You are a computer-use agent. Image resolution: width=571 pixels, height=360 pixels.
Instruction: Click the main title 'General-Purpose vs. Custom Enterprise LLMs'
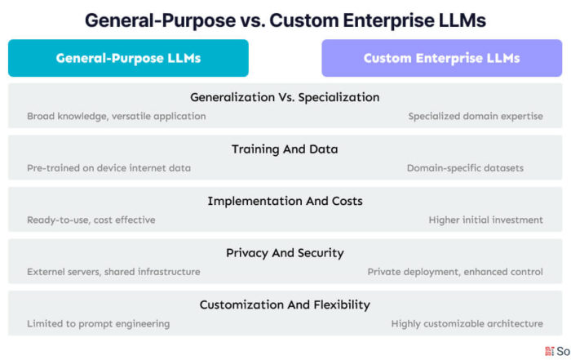click(x=285, y=20)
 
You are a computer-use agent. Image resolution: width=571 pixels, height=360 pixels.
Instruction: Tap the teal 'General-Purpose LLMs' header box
click(x=128, y=58)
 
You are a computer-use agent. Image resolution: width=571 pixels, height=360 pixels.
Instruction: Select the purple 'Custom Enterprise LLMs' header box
click(x=442, y=58)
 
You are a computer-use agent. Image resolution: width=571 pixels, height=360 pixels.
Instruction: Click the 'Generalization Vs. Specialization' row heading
click(x=285, y=97)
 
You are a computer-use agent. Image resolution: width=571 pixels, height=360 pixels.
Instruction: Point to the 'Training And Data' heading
click(x=285, y=149)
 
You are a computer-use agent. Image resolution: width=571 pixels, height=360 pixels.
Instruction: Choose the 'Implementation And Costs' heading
click(x=285, y=201)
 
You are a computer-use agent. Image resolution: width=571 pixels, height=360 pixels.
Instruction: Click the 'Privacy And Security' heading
click(x=285, y=253)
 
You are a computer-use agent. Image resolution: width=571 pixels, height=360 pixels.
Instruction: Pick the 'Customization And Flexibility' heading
click(x=285, y=304)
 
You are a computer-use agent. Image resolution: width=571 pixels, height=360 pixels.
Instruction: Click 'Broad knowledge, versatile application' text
click(x=116, y=116)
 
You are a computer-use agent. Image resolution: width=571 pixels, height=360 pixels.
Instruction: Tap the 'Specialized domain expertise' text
click(x=476, y=116)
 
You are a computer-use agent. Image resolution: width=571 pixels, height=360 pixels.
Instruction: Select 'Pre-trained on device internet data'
click(x=108, y=168)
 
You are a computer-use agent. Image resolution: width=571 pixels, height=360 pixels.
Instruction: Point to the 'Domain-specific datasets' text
click(x=466, y=168)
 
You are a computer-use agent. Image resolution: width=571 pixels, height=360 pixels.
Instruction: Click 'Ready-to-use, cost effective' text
click(x=91, y=220)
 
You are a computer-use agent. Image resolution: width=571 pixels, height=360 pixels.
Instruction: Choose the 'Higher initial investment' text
click(x=486, y=220)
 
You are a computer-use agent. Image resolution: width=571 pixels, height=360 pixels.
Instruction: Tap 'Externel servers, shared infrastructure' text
click(x=113, y=272)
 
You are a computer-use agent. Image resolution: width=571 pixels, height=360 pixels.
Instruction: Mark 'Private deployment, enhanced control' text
click(x=455, y=272)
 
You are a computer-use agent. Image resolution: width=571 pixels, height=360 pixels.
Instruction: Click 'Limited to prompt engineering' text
click(x=99, y=323)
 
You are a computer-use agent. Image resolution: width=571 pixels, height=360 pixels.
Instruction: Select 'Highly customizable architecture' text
click(x=467, y=323)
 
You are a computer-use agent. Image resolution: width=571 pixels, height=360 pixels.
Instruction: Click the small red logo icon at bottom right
click(x=550, y=351)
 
